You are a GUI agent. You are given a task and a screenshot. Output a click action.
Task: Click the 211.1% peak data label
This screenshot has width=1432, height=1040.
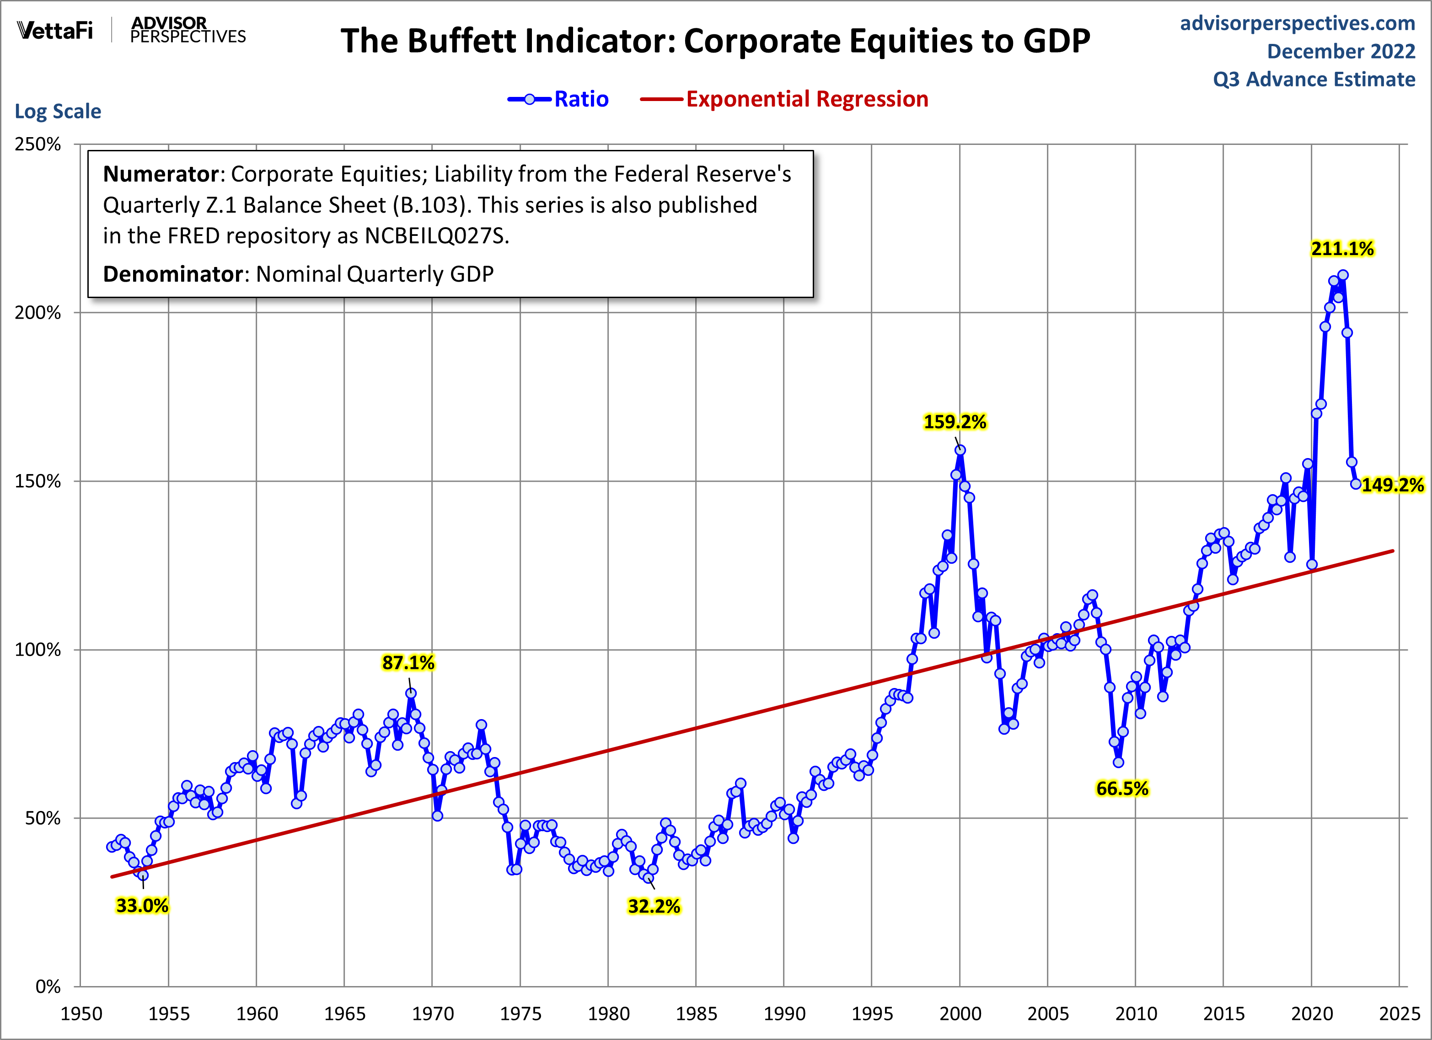tap(1342, 249)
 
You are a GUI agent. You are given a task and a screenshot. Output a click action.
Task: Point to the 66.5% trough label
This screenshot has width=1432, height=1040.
tap(1122, 788)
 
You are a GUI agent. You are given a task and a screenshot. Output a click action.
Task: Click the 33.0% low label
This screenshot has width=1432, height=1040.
tap(142, 906)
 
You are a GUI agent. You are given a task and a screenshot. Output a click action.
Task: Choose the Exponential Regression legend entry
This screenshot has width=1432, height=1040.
tap(784, 99)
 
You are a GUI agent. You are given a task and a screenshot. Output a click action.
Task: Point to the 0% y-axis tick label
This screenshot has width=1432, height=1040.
tap(48, 987)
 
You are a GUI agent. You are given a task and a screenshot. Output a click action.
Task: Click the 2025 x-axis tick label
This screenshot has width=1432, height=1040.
tap(1399, 1014)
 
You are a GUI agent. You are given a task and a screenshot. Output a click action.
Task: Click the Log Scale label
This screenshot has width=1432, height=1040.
tap(58, 111)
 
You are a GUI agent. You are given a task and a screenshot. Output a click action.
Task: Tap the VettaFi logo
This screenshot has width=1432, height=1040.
tap(55, 30)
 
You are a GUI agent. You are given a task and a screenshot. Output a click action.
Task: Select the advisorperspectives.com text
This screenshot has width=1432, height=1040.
tap(1298, 23)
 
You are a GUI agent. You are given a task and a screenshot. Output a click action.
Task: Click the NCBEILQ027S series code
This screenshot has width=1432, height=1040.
tap(436, 235)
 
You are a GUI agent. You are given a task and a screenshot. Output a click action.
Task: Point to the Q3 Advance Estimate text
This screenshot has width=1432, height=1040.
tap(1314, 80)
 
